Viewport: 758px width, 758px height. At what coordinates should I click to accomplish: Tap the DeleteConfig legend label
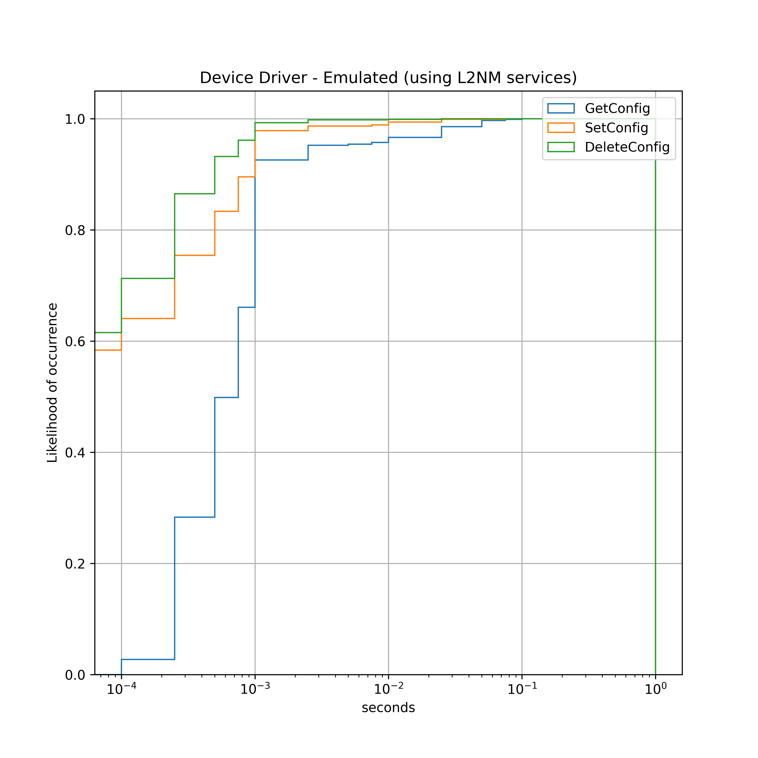point(627,147)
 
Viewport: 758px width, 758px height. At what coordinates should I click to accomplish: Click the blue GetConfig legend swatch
point(561,108)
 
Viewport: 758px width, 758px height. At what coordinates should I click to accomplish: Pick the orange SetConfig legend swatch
point(561,127)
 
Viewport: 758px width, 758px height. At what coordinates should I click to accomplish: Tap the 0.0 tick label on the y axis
point(75,675)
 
